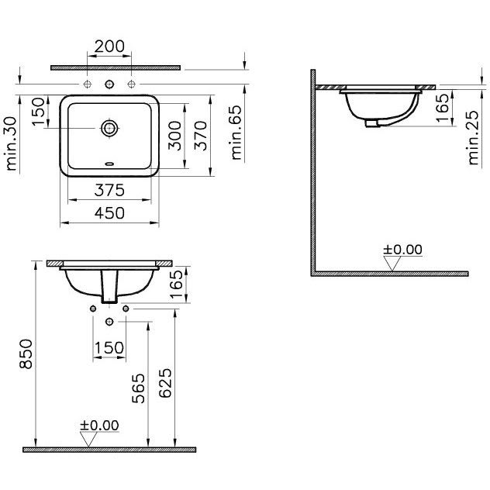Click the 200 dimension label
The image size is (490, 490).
[109, 47]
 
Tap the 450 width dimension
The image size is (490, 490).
[109, 213]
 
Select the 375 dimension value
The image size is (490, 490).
[109, 190]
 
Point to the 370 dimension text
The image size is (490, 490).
[200, 136]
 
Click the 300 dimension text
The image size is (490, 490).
[174, 136]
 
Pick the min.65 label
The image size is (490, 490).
[236, 133]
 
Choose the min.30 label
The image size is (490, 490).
[11, 143]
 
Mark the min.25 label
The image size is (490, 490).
[474, 137]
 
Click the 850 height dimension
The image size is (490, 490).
[26, 354]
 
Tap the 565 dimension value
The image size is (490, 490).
[139, 388]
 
